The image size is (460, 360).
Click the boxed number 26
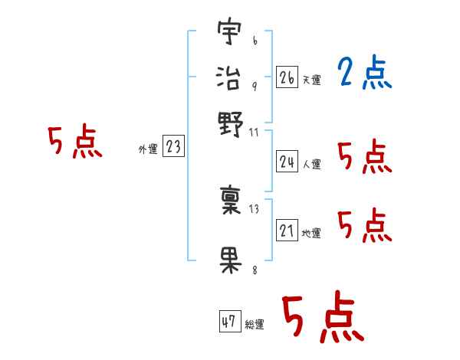(287, 77)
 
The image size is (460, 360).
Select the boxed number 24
(287, 162)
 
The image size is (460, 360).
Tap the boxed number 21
(287, 231)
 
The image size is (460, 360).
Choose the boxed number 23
(173, 146)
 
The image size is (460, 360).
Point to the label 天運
(311, 80)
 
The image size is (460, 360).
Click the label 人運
(311, 164)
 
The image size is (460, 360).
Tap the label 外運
(148, 149)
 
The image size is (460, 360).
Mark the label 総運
(254, 325)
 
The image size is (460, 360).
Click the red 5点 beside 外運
(75, 142)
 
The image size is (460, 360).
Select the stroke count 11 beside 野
(255, 133)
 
